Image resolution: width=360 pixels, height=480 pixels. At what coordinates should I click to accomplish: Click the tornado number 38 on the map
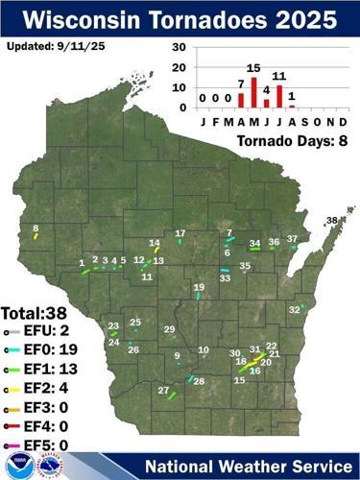pos(332,221)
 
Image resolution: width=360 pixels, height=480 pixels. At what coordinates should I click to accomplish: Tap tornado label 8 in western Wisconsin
pos(36,228)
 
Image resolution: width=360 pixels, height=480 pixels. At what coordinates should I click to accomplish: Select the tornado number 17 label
pos(180,233)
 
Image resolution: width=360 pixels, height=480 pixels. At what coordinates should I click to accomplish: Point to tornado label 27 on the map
pos(163,390)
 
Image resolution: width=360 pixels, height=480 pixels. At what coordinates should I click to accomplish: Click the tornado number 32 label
pos(294,309)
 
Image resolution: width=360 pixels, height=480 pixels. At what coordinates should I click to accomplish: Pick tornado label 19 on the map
pos(199,287)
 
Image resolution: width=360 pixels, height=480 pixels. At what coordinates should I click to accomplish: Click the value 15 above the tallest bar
pos(253,68)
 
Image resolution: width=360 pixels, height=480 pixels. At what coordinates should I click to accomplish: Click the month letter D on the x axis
pos(342,122)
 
